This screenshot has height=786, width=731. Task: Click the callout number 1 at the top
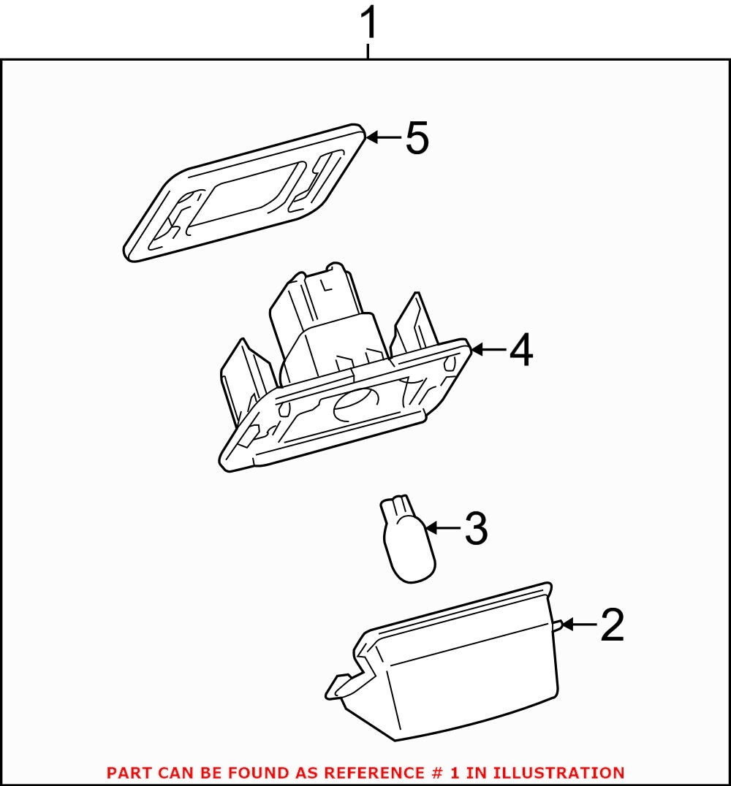(369, 23)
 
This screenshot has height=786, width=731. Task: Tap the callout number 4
(520, 351)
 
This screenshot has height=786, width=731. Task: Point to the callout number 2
(612, 625)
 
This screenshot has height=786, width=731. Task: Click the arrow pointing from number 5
(383, 137)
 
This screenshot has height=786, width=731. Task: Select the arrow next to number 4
(488, 351)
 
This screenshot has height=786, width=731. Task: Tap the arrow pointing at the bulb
(442, 527)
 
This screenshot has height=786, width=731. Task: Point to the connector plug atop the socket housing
(325, 321)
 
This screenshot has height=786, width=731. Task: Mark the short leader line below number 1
(368, 51)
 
